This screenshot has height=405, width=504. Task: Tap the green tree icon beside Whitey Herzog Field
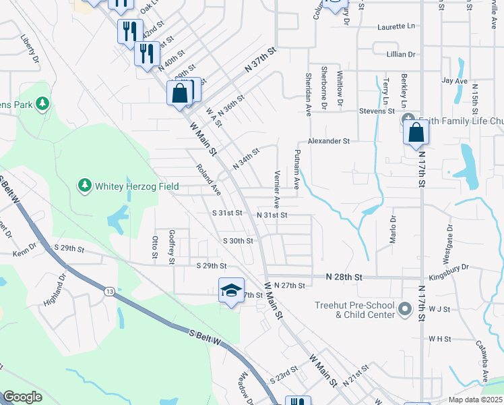85,185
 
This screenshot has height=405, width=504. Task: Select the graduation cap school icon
230,291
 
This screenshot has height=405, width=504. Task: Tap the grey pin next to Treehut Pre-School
404,310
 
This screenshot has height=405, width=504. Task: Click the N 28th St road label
344,277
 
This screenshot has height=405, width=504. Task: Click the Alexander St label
329,141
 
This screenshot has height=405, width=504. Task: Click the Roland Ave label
208,180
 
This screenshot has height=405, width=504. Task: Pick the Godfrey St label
172,246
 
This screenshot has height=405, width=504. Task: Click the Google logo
22,397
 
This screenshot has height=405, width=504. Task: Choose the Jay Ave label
454,81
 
